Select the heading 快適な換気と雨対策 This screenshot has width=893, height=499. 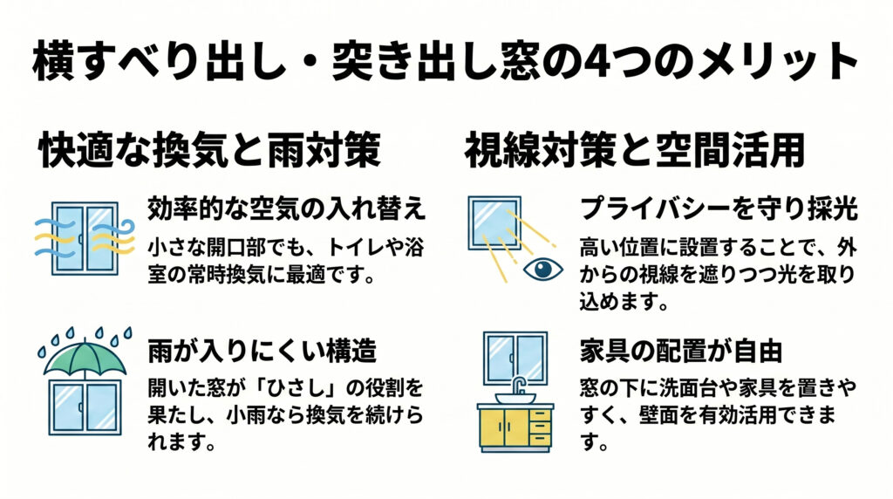210,151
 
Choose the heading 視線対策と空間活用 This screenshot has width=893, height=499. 632,151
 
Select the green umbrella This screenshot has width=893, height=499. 85,358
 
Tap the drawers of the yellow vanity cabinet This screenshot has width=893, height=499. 541,427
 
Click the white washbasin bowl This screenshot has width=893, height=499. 515,399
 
